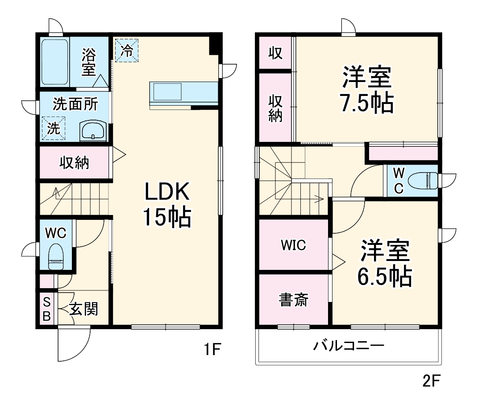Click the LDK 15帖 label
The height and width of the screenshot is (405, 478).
coord(167,205)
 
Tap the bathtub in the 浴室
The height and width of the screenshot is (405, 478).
coord(55,62)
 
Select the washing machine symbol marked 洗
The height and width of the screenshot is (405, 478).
coord(54,128)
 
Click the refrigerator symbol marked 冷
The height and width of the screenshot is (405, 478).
coord(127,50)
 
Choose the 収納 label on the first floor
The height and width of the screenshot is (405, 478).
coord(75,163)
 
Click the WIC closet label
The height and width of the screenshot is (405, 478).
coord(293,245)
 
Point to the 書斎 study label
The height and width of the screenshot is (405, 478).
coord(293,300)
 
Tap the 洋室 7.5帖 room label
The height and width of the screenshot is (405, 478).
coord(367,90)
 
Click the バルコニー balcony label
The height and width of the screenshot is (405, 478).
coord(348,345)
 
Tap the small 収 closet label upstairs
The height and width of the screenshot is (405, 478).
coord(275,53)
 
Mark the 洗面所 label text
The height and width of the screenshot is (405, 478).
coord(75,104)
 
